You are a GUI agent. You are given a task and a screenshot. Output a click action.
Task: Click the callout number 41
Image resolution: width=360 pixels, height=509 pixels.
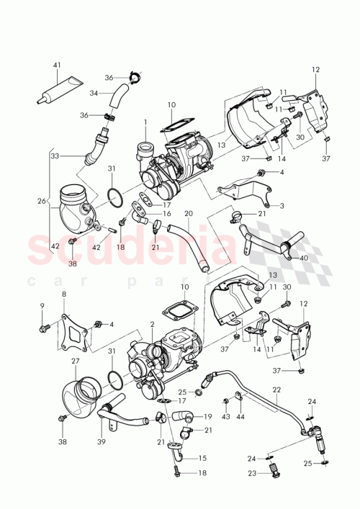pos(56,66)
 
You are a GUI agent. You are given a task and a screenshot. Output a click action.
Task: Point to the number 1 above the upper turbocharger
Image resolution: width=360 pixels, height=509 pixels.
pos(145,123)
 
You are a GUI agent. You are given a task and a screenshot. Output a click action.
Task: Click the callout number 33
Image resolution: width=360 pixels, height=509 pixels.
pos(55,156)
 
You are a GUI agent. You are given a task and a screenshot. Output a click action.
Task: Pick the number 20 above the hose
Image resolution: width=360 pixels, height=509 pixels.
pos(188,214)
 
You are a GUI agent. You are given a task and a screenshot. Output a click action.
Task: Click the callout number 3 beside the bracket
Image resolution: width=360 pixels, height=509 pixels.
pos(282,206)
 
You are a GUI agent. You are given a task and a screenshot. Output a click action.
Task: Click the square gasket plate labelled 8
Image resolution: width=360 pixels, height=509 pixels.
pos(76,335)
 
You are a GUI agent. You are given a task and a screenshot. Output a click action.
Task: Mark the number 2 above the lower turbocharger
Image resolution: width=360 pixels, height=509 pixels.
pos(153,325)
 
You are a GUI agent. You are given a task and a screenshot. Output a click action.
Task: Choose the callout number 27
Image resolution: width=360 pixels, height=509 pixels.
pos(75,361)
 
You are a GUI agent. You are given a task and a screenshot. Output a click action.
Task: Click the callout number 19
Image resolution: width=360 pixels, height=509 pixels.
pos(207,417)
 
